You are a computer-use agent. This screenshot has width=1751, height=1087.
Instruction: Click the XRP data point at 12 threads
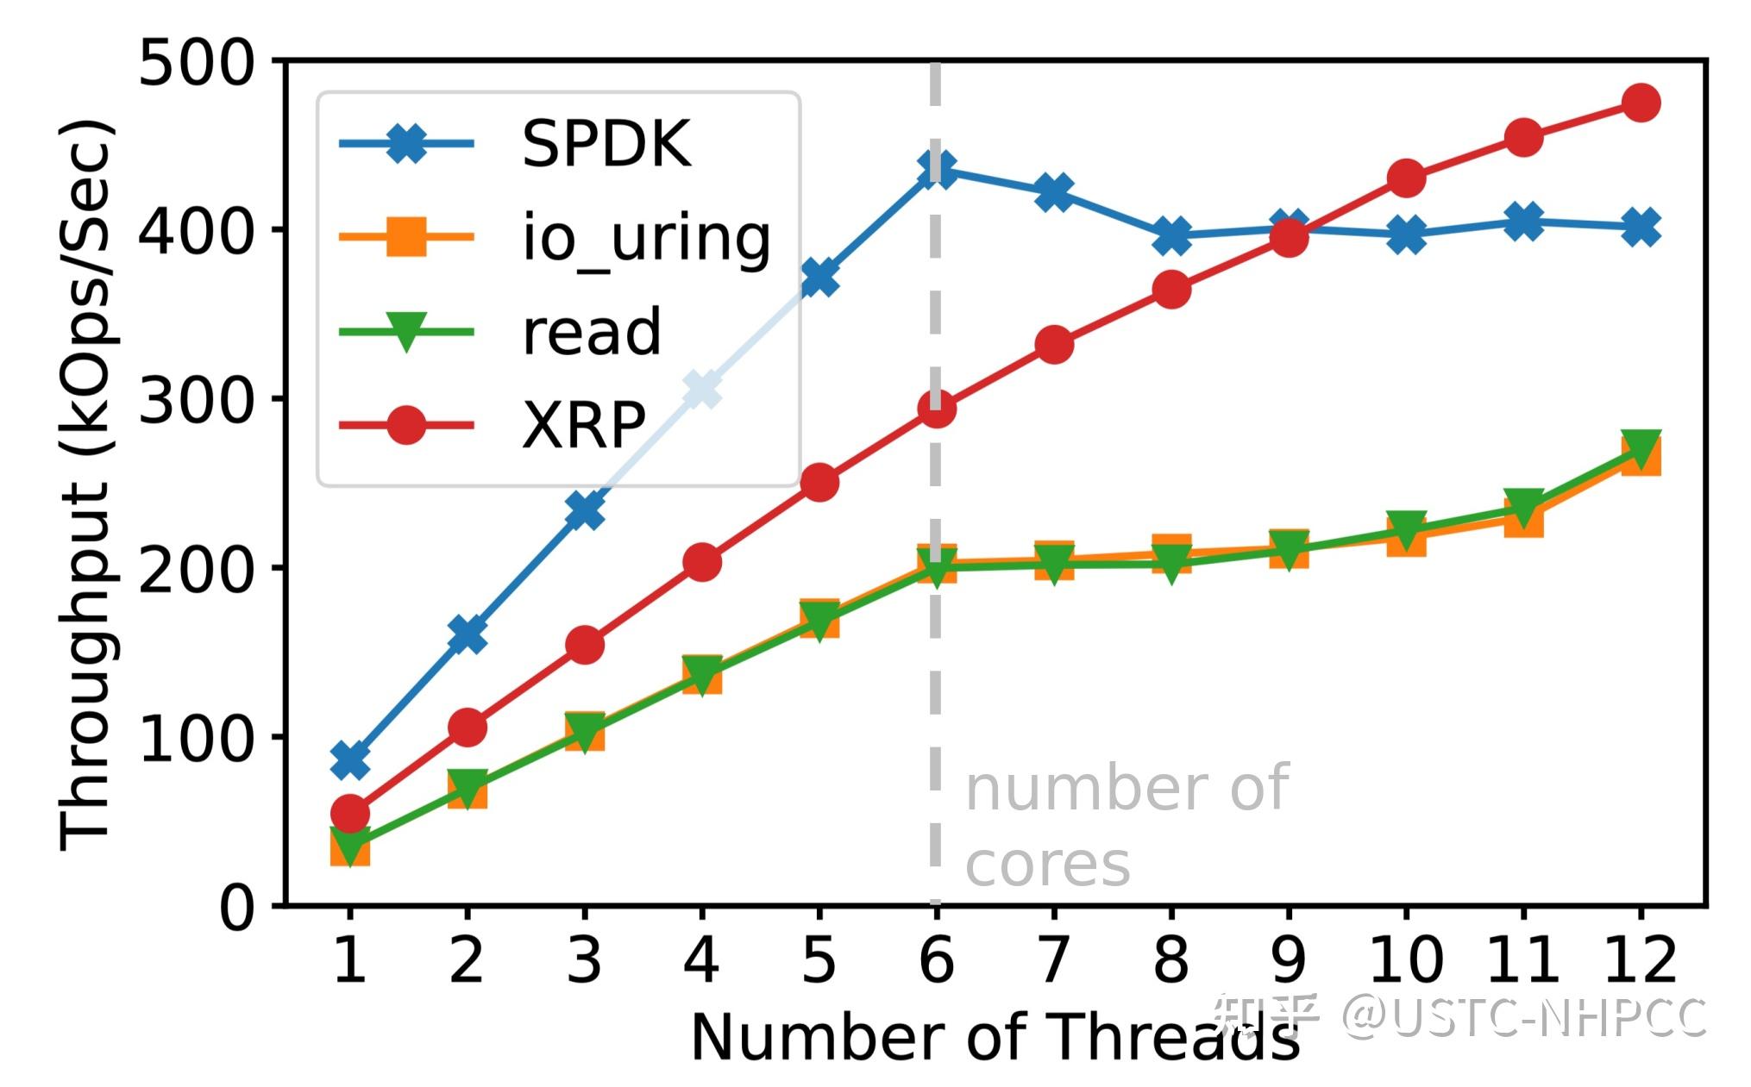1641,103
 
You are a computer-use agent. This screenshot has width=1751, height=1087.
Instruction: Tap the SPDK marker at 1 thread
349,759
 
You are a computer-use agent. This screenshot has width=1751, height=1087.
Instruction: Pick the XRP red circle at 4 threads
701,562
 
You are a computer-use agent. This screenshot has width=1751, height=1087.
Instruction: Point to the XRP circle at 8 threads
1171,290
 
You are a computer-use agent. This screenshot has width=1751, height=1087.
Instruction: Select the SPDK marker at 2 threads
467,634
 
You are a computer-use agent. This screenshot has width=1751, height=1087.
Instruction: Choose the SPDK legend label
606,143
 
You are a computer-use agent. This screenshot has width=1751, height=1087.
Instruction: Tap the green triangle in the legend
406,332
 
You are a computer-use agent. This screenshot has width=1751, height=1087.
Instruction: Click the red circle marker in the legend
406,425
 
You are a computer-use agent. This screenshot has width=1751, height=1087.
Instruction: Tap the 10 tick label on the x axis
1405,959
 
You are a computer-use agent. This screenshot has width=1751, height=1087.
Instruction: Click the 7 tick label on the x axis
1053,959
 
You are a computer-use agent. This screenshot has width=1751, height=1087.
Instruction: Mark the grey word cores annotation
1047,864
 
